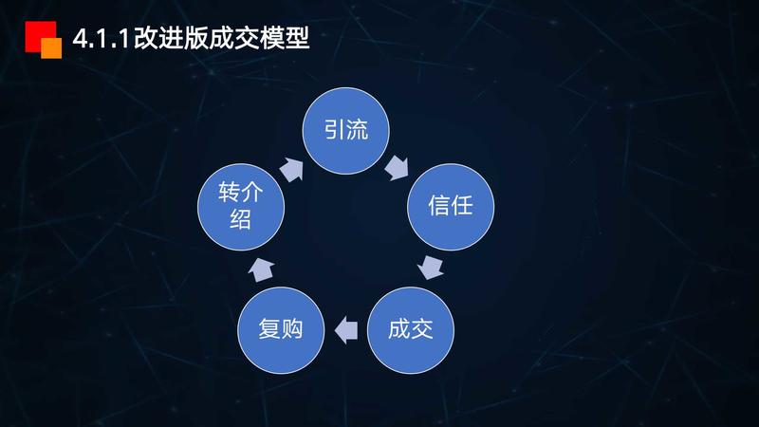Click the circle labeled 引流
pyautogui.click(x=345, y=132)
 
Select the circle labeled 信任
pyautogui.click(x=451, y=206)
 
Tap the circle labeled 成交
pyautogui.click(x=410, y=330)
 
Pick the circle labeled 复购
pyautogui.click(x=280, y=330)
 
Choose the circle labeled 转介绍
pyautogui.click(x=240, y=207)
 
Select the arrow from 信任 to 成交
pyautogui.click(x=432, y=267)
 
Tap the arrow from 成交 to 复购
pyautogui.click(x=345, y=330)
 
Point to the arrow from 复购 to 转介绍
pyautogui.click(x=262, y=269)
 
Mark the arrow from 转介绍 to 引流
pyautogui.click(x=292, y=169)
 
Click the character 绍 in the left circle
pyautogui.click(x=240, y=219)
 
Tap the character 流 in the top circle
pyautogui.click(x=357, y=132)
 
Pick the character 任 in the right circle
pyautogui.click(x=462, y=206)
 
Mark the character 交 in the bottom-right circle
pyautogui.click(x=421, y=330)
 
